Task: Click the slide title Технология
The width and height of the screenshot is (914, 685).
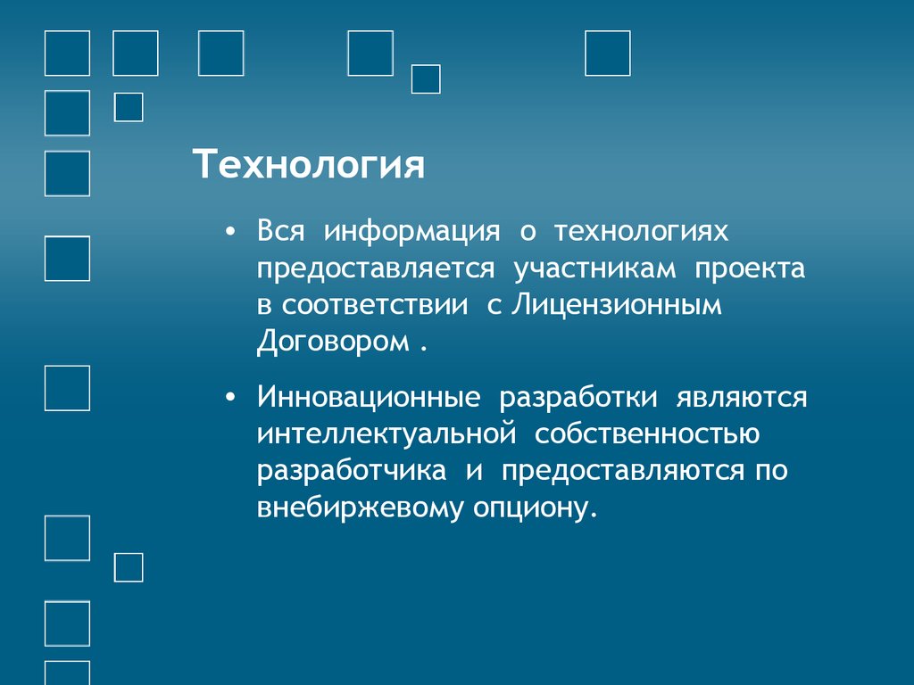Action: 310,166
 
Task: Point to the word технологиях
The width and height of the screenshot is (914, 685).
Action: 641,233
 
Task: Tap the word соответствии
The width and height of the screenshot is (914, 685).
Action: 376,306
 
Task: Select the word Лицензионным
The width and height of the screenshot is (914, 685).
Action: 616,306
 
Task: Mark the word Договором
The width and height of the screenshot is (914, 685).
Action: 332,342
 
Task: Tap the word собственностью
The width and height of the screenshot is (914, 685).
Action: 649,434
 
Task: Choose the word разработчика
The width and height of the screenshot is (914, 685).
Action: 353,471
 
